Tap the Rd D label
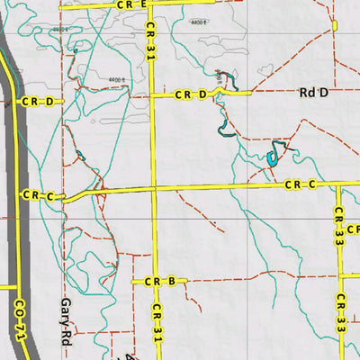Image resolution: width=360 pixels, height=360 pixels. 311,92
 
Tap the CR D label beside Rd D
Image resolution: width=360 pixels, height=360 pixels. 191,94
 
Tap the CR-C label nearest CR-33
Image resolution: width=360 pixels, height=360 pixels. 300,185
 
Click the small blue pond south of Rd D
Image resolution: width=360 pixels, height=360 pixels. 272,158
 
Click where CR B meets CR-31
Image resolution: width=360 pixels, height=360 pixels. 154,282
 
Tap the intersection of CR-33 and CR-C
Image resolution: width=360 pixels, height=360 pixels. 338,185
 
